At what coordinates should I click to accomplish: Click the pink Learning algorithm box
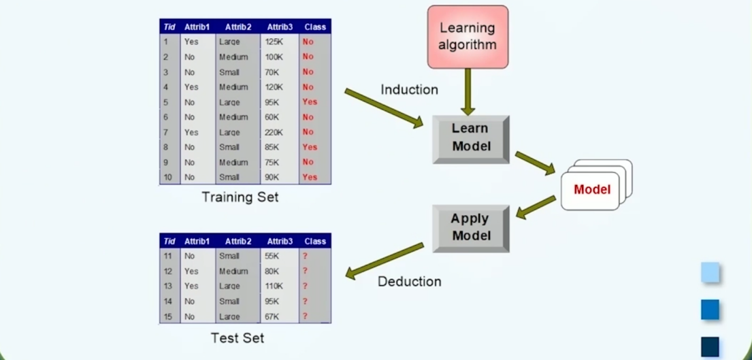tap(468, 37)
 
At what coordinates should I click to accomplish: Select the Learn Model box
tap(471, 138)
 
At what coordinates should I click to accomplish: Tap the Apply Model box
tap(470, 228)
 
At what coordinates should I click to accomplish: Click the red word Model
tap(592, 190)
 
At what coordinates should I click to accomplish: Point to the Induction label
tap(409, 90)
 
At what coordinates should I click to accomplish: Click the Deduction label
tap(410, 281)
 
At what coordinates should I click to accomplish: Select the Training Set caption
tap(240, 197)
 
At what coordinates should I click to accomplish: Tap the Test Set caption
tap(238, 338)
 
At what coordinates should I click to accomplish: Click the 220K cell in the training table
tap(276, 132)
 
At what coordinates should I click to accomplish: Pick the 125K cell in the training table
tap(276, 42)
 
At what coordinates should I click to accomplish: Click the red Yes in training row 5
tap(310, 102)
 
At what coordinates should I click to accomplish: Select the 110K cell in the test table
tap(276, 287)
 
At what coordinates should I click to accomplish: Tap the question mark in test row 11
tap(306, 257)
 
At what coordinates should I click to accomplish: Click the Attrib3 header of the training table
tap(279, 27)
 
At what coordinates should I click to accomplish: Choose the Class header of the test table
tap(315, 242)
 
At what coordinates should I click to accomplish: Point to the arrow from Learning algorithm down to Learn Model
tap(468, 91)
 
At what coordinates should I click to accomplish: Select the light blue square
tap(710, 273)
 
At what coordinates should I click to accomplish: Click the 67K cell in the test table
tap(274, 316)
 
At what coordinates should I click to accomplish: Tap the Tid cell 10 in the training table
tap(167, 178)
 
